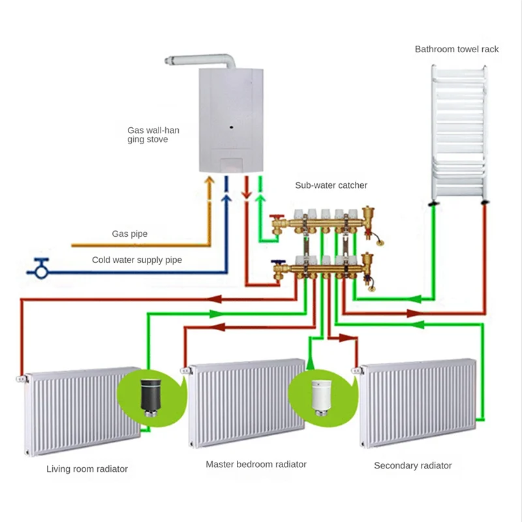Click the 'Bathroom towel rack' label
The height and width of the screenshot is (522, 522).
(457, 49)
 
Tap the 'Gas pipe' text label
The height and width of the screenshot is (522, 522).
(130, 234)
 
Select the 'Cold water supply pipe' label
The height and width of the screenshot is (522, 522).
(136, 260)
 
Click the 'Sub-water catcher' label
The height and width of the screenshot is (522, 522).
(331, 185)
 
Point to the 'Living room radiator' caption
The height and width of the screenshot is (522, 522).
(87, 468)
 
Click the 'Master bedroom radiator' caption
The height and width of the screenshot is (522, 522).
(256, 465)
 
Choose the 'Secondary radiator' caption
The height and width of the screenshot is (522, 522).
(412, 465)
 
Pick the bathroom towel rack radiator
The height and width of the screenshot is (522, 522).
(459, 130)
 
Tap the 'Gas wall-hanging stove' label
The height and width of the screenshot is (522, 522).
(153, 135)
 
